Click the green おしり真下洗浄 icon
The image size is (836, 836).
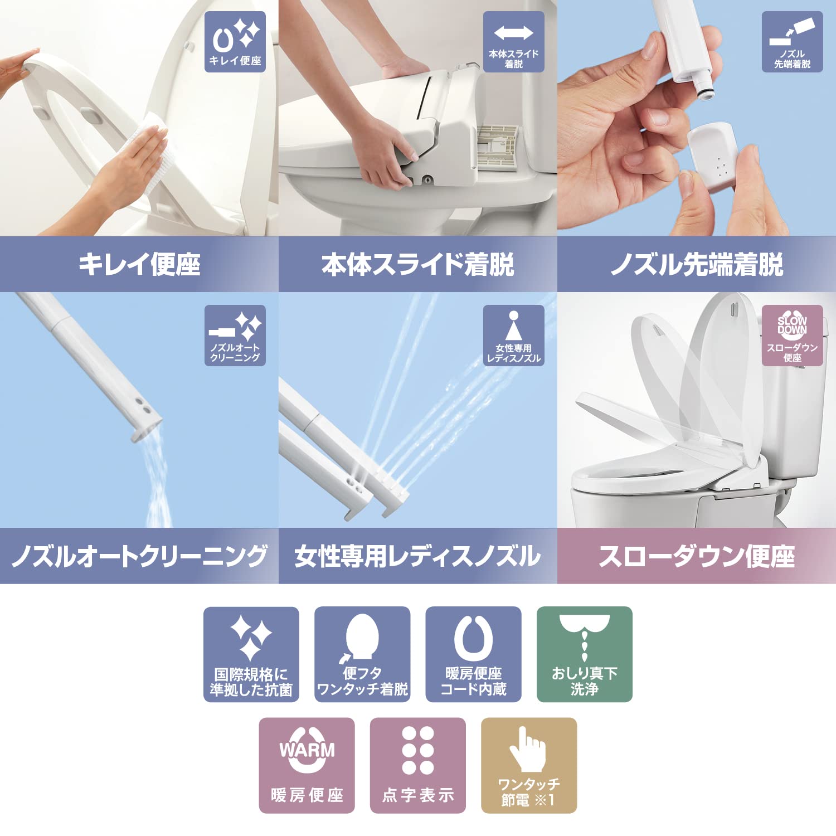click(x=584, y=654)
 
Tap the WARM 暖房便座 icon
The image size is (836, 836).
click(x=307, y=765)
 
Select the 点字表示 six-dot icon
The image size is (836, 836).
click(x=418, y=765)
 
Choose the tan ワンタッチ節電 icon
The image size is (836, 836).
click(x=528, y=765)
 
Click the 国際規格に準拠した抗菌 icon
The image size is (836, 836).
click(x=251, y=654)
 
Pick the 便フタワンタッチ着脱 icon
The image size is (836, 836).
click(x=362, y=654)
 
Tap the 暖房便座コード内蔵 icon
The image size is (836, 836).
click(x=473, y=654)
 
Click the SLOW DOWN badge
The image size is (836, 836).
click(x=792, y=335)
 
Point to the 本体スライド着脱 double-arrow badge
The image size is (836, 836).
click(x=513, y=42)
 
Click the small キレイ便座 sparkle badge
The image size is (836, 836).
click(x=235, y=42)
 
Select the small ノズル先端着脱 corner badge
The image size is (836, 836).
click(x=792, y=42)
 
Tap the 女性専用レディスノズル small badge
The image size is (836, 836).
click(x=513, y=335)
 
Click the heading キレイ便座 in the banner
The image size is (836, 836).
click(x=139, y=264)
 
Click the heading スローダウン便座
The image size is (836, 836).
click(x=697, y=556)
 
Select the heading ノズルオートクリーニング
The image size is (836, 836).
click(x=139, y=556)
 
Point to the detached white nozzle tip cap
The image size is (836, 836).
click(x=714, y=155)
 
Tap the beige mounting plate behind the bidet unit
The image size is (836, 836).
click(x=498, y=146)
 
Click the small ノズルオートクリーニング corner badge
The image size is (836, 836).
click(x=235, y=335)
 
